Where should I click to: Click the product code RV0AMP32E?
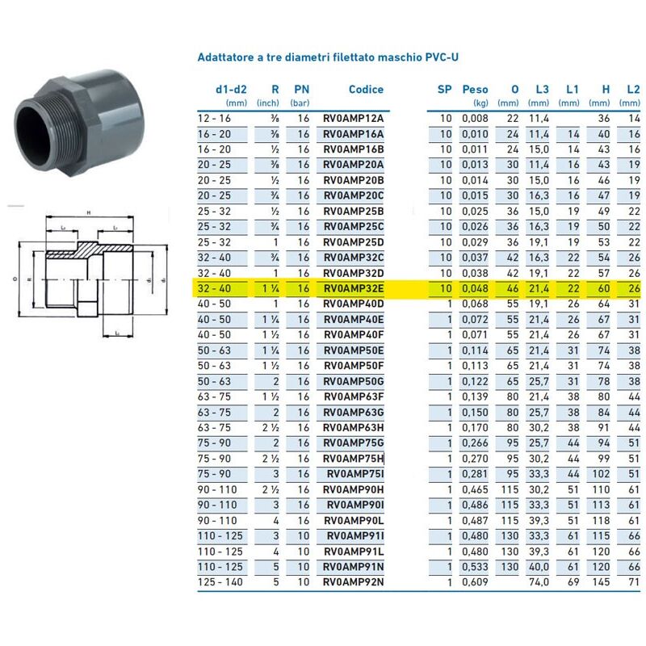point(354,288)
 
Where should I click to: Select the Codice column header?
point(366,90)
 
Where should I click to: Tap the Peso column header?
point(475,90)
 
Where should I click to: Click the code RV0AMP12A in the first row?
point(354,119)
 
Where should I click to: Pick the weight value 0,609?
point(475,581)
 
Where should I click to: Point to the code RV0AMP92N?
point(354,581)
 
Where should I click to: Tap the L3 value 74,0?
point(539,581)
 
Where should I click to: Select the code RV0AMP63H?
point(354,427)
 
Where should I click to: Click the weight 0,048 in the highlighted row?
point(475,288)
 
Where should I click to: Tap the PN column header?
point(300,90)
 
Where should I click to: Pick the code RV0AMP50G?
point(354,381)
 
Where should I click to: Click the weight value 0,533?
point(475,566)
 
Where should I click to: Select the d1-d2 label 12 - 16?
point(215,119)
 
